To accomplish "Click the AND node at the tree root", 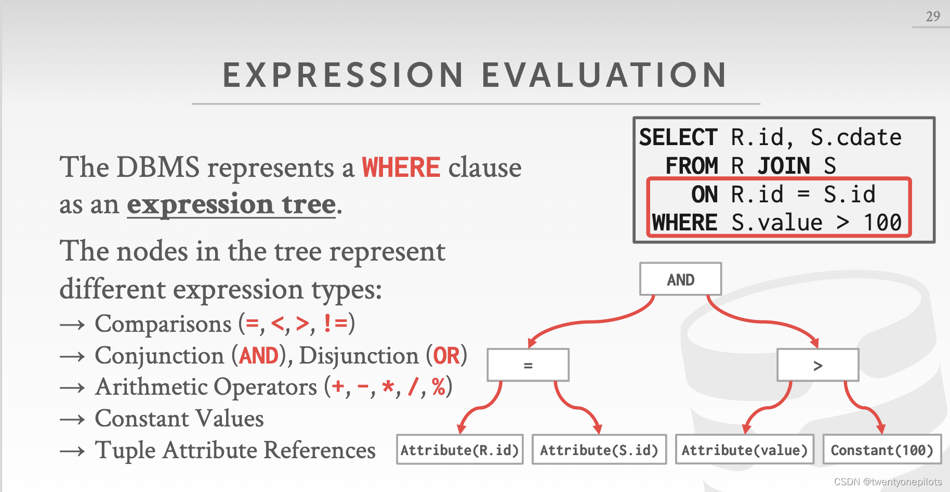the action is tap(680, 279).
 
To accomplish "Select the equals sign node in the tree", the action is tap(528, 365).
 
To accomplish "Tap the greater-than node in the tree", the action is tap(817, 365).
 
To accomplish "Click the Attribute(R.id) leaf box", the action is tap(459, 449).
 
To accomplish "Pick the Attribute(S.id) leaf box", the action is tap(599, 449).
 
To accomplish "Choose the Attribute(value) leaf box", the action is tap(745, 449).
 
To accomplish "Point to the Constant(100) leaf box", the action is tap(882, 449).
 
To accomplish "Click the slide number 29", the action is tap(933, 16).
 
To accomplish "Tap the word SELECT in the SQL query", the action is tap(678, 137).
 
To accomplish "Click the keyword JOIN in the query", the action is tap(784, 166).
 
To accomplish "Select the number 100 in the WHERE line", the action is tap(882, 223).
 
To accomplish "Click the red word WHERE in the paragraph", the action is tap(401, 167).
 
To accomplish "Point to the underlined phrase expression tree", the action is tap(231, 204).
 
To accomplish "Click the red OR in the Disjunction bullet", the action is tap(446, 356).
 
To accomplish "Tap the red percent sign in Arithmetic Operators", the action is tap(439, 386).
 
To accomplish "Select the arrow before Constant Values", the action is tap(72, 419).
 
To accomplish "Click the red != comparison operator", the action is tap(335, 323).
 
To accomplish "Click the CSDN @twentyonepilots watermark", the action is tap(888, 482).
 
